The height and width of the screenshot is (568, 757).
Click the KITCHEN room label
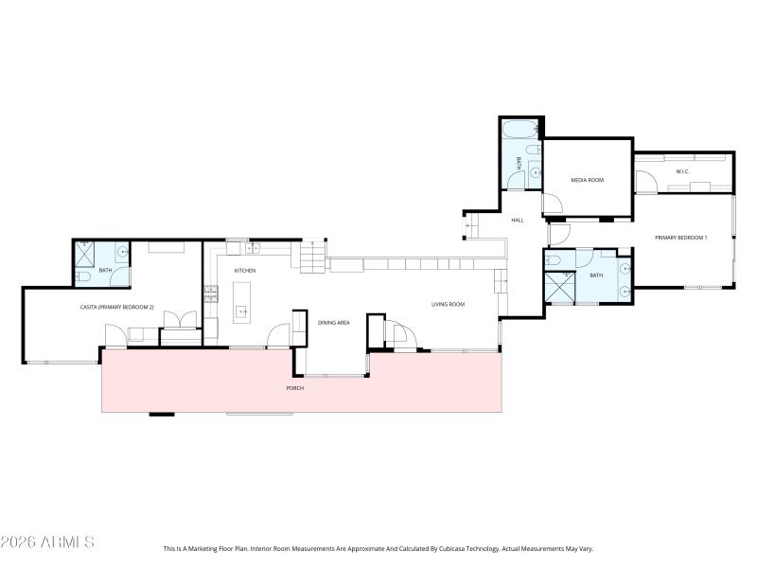(245, 271)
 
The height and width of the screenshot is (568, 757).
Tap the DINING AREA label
(333, 323)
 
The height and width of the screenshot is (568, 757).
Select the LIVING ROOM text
(448, 304)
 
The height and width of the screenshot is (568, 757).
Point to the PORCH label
(295, 389)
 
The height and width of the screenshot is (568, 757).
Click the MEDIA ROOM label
(587, 180)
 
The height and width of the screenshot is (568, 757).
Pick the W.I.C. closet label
(681, 171)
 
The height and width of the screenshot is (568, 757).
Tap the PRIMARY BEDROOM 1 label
(681, 237)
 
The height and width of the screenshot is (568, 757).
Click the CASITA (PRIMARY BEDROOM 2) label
(116, 307)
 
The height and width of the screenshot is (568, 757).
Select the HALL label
(518, 220)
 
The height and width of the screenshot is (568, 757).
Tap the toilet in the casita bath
(82, 276)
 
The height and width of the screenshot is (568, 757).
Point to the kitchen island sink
(241, 311)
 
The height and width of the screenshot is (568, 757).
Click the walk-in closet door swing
(645, 181)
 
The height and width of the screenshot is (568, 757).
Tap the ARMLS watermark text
(47, 542)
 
